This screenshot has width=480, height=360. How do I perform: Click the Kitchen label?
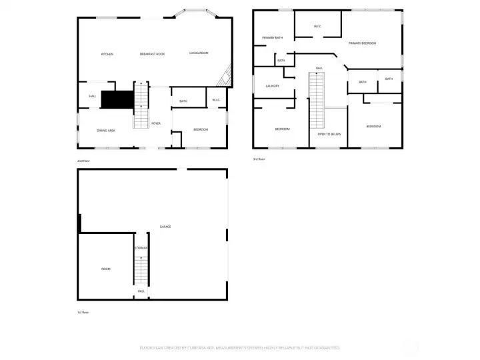[107, 54]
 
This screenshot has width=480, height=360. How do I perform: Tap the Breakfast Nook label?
[152, 54]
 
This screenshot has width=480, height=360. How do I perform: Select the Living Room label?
[199, 53]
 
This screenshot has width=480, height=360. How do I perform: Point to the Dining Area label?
[106, 131]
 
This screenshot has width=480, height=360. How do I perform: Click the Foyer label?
[156, 123]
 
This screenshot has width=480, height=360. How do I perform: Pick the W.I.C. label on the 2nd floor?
[216, 101]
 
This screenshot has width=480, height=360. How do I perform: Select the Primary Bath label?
[272, 38]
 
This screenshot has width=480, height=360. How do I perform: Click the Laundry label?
[272, 86]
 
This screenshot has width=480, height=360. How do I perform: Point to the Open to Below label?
[329, 134]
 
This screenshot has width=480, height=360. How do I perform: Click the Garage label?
[165, 227]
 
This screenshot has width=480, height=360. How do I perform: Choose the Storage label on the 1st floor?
[141, 248]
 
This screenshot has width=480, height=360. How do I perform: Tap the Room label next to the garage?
[105, 269]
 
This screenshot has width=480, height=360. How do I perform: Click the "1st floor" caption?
[83, 312]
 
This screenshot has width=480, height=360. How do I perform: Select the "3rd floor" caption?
[259, 159]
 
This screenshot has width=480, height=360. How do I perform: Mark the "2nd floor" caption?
[83, 161]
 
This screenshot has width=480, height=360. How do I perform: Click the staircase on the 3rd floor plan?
[316, 100]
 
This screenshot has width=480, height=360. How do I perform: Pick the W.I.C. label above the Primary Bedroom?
[318, 27]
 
